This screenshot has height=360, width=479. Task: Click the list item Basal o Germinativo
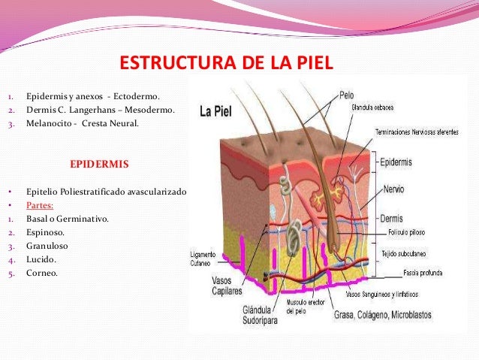68,219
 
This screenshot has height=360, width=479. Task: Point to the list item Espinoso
45,232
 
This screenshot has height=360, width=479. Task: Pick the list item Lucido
41,259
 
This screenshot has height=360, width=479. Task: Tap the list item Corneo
42,273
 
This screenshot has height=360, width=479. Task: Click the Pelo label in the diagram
346,95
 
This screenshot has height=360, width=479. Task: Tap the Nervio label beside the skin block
394,189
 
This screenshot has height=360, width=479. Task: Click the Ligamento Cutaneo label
204,259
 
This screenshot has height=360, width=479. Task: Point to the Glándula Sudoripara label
262,314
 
